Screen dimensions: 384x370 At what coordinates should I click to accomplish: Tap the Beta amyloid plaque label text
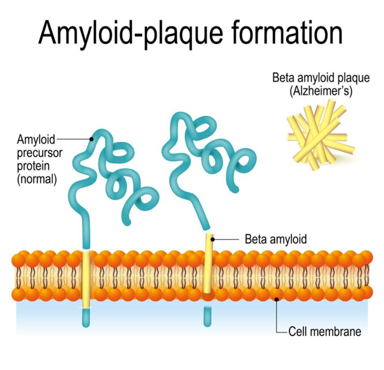(321, 78)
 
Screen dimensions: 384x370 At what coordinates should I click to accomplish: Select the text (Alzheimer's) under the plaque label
(321, 91)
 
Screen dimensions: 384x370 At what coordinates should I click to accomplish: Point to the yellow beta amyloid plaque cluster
(321, 135)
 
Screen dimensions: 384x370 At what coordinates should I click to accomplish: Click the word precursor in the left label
(40, 153)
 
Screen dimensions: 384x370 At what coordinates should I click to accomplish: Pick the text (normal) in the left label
(37, 179)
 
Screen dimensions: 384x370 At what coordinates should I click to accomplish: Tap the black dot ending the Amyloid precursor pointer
(91, 139)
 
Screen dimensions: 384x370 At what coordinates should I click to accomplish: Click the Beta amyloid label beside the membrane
(276, 239)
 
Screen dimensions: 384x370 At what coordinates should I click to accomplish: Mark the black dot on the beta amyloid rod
(213, 239)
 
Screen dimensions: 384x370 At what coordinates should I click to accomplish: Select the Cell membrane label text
(325, 332)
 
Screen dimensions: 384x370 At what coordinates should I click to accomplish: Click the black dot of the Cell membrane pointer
(277, 299)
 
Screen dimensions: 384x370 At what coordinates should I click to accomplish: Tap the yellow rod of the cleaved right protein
(208, 263)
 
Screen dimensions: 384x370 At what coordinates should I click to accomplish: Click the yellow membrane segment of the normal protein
(86, 279)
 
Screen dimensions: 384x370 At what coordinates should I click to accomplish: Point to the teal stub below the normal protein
(86, 318)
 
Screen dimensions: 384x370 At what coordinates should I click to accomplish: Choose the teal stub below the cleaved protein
(208, 316)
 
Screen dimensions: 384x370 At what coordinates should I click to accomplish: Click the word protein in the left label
(33, 166)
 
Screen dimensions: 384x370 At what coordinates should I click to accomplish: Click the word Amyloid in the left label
(36, 140)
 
